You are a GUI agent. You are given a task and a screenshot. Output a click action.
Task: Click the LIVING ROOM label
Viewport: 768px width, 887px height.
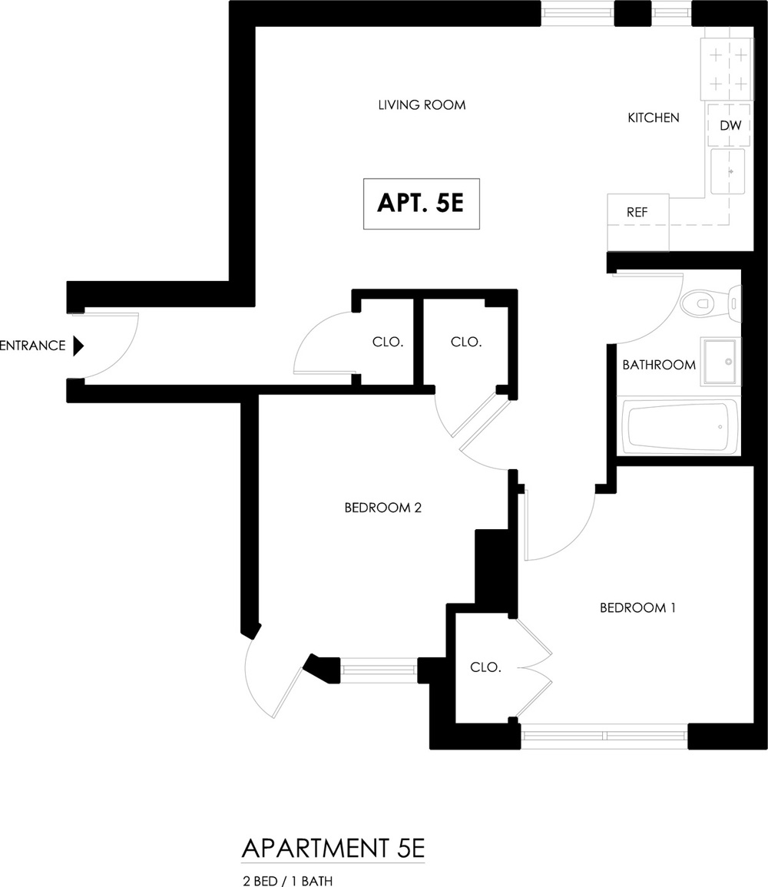(x=422, y=104)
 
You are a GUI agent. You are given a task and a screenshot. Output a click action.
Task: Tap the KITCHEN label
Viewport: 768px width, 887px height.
(x=654, y=117)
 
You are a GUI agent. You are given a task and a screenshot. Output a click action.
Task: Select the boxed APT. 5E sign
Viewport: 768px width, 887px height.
(x=422, y=204)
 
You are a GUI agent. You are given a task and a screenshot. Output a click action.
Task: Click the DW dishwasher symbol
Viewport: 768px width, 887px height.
(x=729, y=125)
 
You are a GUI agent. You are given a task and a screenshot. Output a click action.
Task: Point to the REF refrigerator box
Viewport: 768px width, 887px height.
(x=638, y=222)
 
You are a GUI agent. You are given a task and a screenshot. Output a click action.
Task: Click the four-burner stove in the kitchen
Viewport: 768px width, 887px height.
(x=727, y=69)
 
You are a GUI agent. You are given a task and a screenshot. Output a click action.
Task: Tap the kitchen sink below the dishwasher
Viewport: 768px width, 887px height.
(x=728, y=170)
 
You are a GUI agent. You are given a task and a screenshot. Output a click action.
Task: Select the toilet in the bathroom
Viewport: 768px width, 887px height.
(x=710, y=304)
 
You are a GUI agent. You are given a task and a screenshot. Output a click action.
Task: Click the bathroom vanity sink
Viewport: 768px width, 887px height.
(x=720, y=362)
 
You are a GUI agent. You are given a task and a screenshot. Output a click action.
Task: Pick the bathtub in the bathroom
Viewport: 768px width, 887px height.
(x=681, y=426)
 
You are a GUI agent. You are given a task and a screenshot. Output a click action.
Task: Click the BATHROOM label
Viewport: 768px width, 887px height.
(x=659, y=365)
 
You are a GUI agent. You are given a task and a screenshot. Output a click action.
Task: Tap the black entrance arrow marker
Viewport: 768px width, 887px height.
(x=78, y=346)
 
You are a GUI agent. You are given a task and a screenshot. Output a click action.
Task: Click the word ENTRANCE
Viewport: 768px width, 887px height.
(x=32, y=346)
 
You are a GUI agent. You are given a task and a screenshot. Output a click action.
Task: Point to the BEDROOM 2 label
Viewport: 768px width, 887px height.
(x=383, y=508)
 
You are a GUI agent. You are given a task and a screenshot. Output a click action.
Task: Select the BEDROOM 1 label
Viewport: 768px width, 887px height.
(x=637, y=607)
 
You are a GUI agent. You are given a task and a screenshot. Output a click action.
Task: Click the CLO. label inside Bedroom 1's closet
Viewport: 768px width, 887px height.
(x=485, y=667)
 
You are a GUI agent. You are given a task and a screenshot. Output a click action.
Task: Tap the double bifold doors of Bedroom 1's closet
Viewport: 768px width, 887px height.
(x=534, y=668)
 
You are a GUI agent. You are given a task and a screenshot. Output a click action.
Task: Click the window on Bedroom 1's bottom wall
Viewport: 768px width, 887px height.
(x=604, y=736)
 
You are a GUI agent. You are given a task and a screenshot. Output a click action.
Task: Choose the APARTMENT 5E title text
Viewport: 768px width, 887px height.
(x=333, y=849)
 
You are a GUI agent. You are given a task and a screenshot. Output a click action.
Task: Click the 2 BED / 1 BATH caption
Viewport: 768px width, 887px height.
(x=287, y=881)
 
